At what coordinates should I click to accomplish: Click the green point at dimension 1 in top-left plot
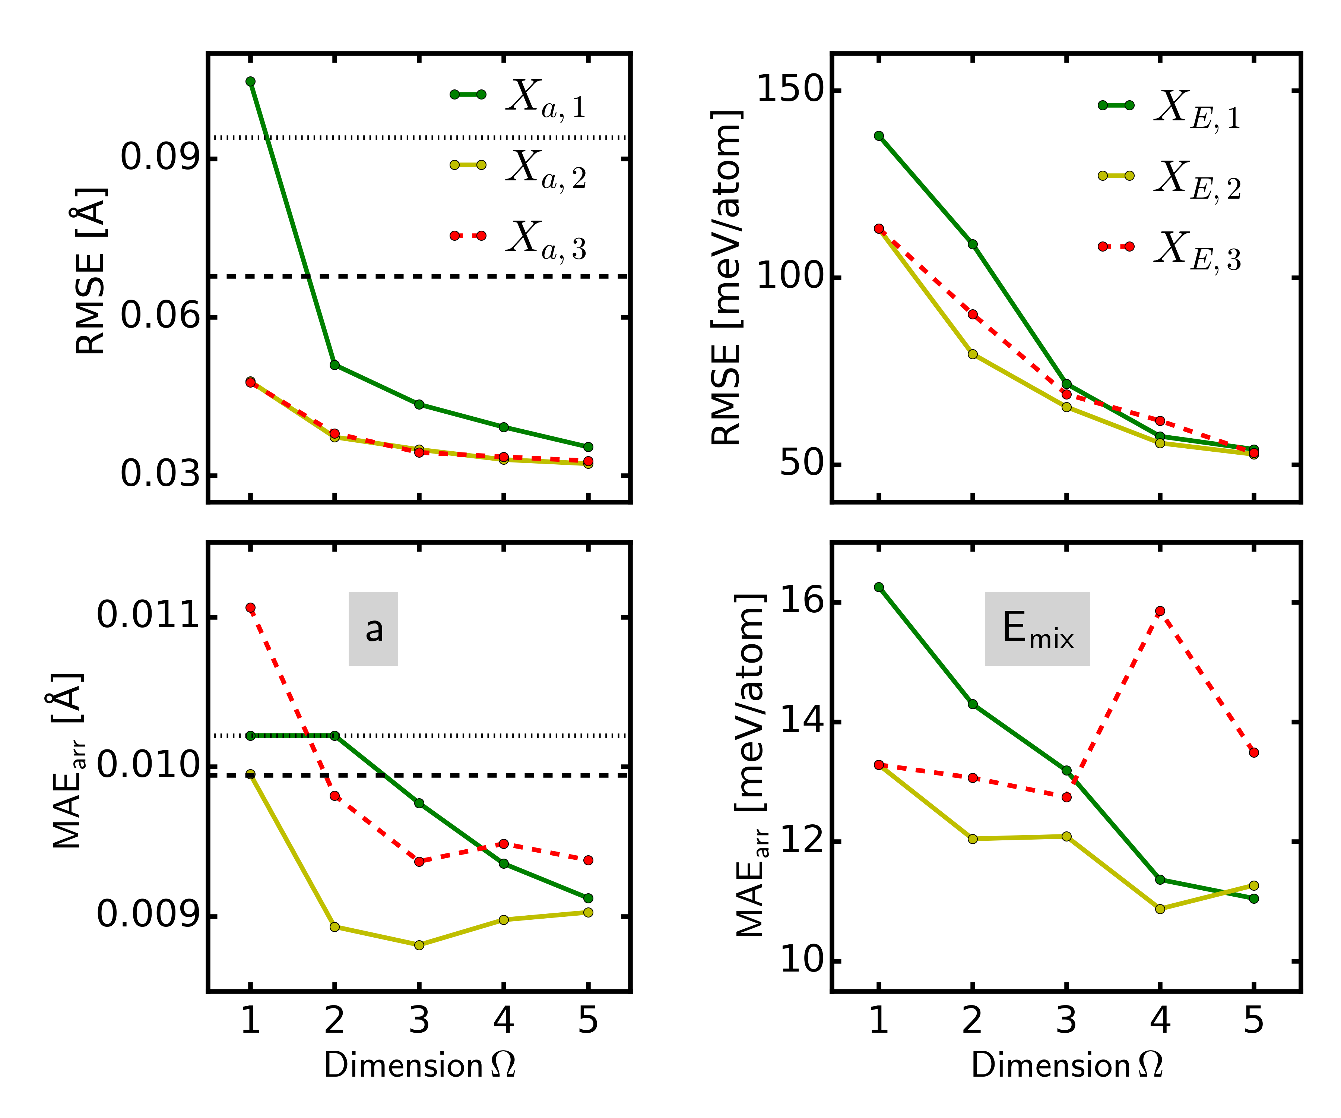coord(250,81)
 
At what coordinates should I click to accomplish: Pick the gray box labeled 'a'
coord(374,629)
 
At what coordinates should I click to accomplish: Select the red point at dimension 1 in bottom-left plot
coord(250,607)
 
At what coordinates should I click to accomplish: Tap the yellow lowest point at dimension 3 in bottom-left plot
coord(419,945)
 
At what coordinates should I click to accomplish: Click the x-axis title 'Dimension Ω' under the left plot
coord(419,1065)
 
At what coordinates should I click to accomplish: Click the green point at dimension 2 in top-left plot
coord(335,365)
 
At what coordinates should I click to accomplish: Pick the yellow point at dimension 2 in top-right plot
coord(973,354)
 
